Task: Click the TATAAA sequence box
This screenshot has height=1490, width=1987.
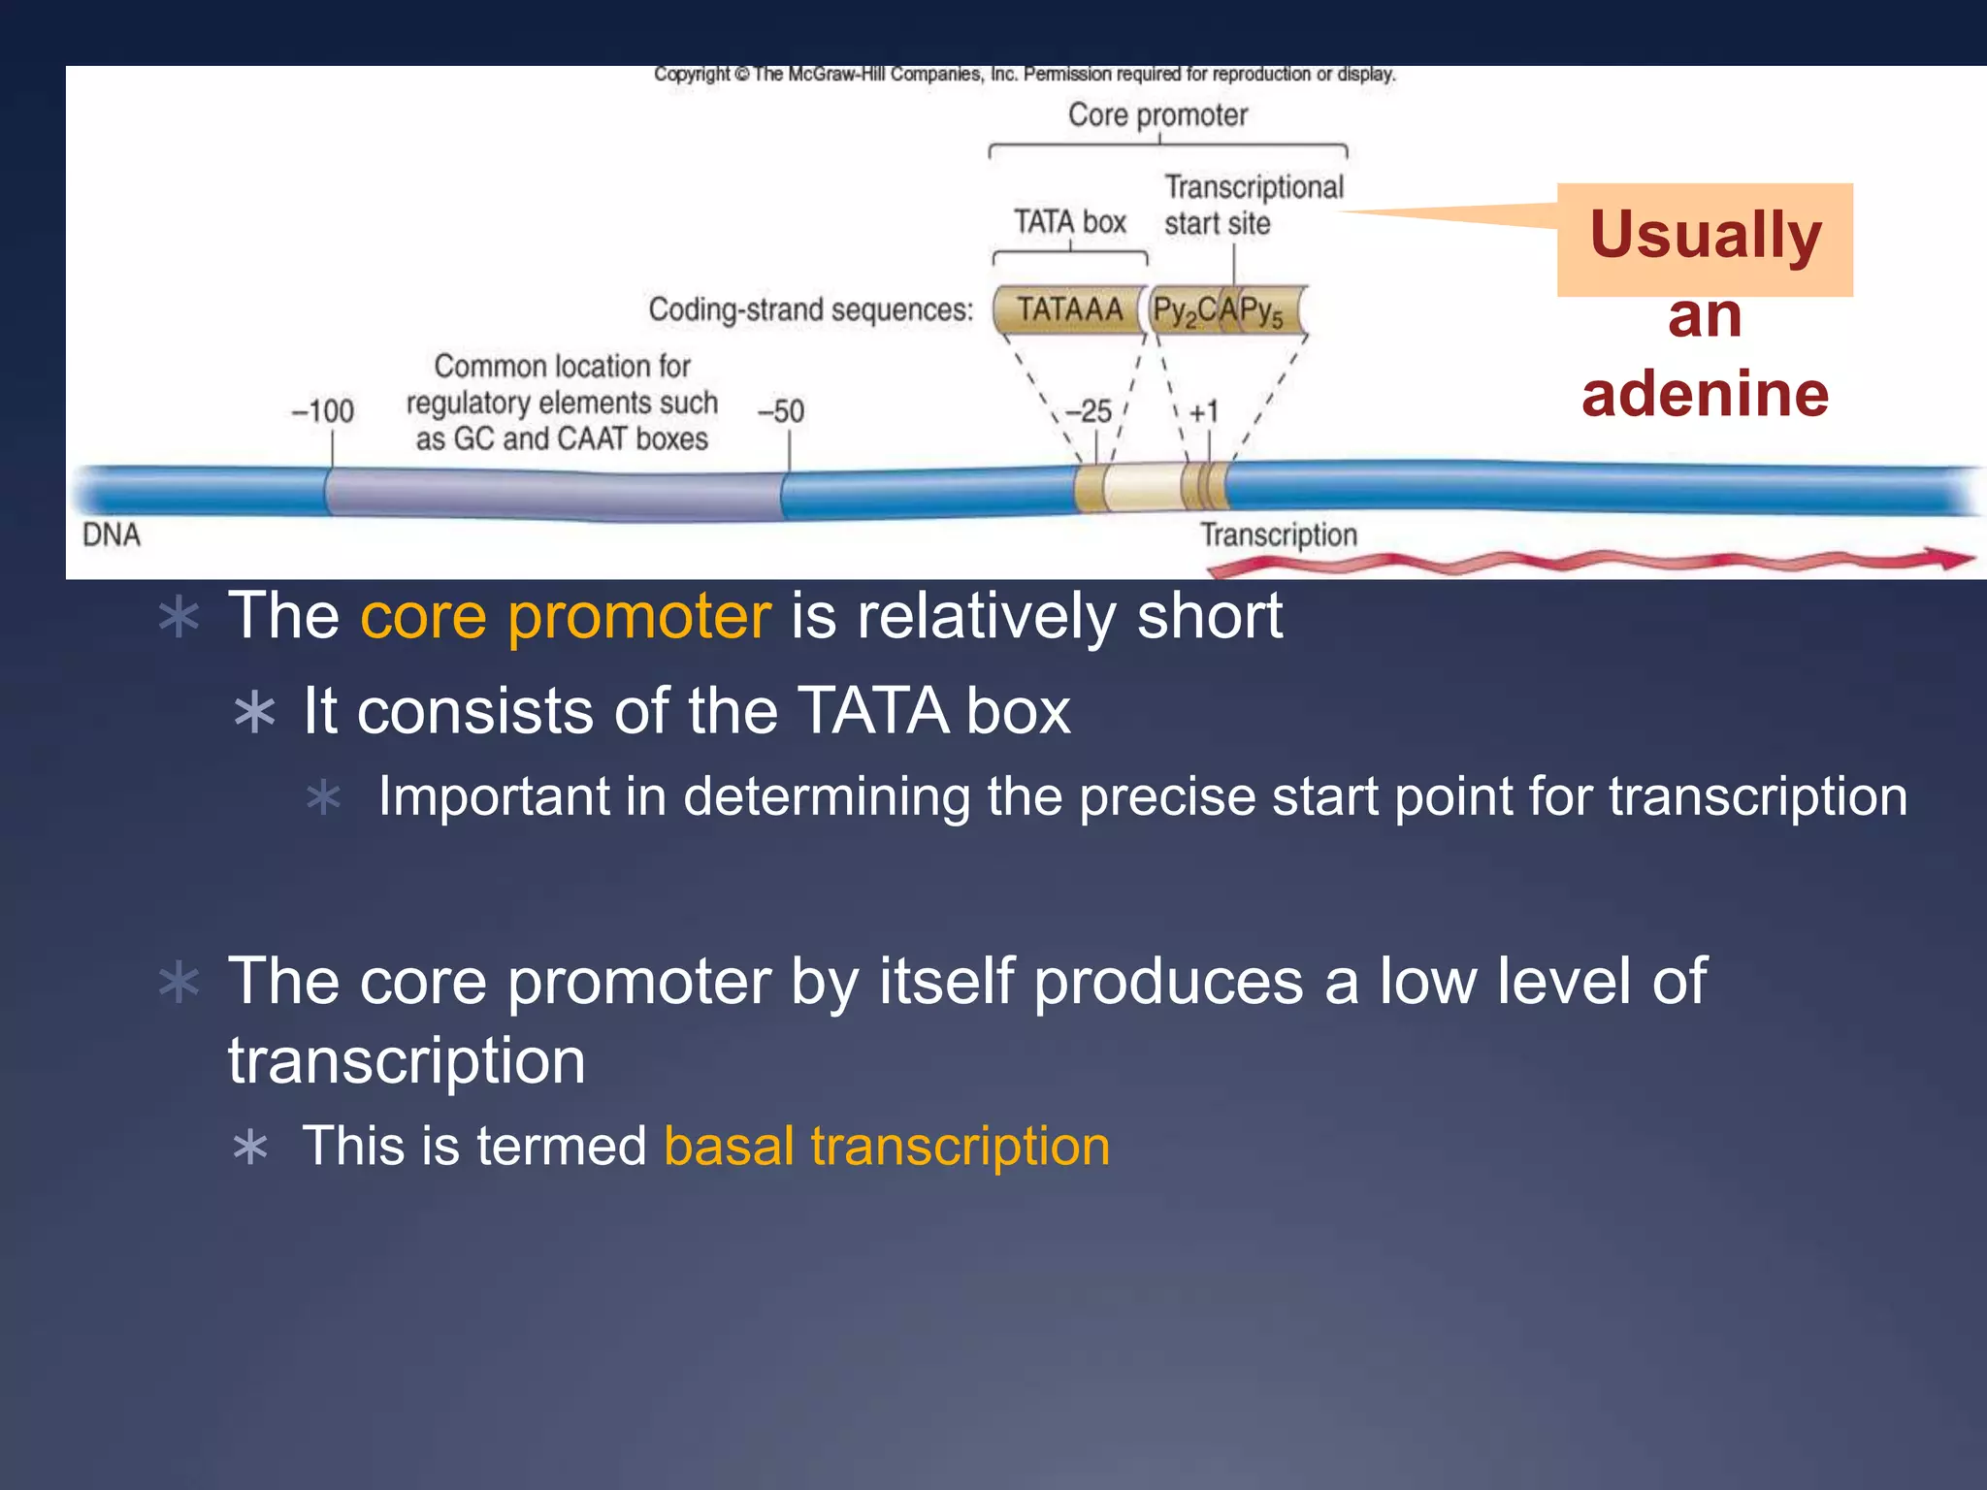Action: pos(1069,310)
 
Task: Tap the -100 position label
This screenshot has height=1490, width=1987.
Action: pos(323,411)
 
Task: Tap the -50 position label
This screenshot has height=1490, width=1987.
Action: pos(781,411)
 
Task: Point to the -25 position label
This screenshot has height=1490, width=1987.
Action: pos(1089,411)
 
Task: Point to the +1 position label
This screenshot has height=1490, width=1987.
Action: pos(1203,412)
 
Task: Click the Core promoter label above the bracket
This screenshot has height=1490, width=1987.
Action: pos(1157,115)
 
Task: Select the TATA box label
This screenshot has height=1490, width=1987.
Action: pos(1069,222)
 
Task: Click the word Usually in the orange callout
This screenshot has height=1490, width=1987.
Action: pos(1705,236)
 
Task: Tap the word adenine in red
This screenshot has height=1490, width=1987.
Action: pos(1705,394)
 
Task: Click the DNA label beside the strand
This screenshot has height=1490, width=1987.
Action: pos(112,535)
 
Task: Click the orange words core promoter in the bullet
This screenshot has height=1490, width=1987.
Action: pos(566,616)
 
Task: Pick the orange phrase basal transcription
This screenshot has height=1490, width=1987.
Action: pos(887,1147)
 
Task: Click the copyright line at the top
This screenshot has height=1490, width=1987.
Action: pos(1024,75)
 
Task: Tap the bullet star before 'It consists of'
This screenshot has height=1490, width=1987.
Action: pos(255,713)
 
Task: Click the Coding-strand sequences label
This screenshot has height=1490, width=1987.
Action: pos(810,310)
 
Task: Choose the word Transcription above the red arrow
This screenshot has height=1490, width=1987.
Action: pos(1278,535)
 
